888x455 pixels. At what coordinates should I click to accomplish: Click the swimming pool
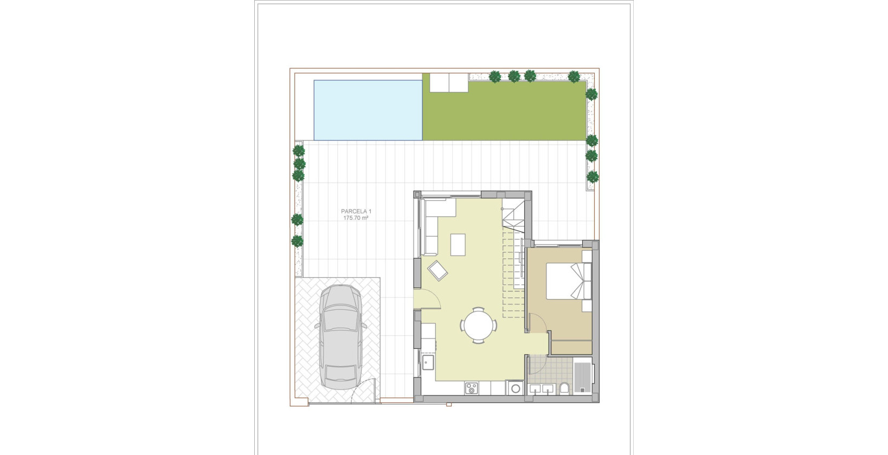tap(368, 109)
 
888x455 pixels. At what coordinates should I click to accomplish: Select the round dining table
tap(479, 325)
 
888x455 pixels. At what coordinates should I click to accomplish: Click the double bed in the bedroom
tap(567, 281)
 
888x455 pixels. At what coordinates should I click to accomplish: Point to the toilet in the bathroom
tap(564, 388)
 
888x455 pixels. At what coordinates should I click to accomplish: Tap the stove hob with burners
tap(471, 388)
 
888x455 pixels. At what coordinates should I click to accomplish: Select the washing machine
tap(514, 388)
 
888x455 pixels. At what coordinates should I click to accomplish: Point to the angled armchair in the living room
tap(437, 269)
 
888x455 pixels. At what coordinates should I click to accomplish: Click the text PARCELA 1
tap(356, 211)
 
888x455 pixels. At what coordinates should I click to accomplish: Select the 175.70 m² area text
tap(356, 218)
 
